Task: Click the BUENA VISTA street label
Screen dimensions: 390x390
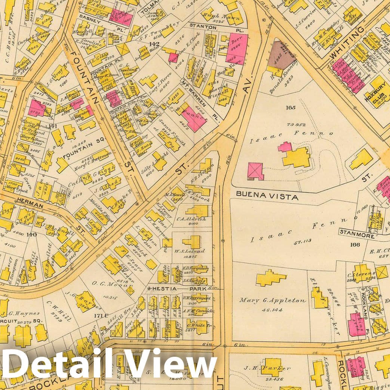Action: pos(267,196)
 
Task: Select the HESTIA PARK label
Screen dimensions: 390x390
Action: pos(178,289)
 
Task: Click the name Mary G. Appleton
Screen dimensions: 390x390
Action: pos(273,300)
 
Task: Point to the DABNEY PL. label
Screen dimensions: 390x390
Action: pos(92,21)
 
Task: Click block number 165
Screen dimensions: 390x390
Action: pos(290,108)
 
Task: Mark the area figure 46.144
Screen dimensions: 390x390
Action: pos(272,310)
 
